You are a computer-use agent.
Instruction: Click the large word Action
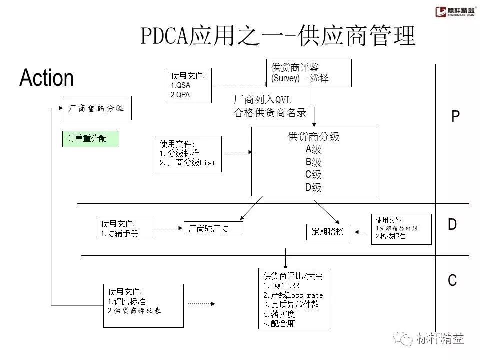click(x=46, y=78)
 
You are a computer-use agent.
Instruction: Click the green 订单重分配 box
click(x=91, y=138)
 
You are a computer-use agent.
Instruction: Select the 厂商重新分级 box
click(x=97, y=108)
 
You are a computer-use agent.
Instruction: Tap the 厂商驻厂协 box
click(x=213, y=228)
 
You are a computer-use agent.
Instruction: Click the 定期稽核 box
click(x=328, y=232)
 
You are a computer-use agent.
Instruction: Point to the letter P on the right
click(x=455, y=117)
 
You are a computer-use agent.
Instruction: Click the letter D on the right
click(x=452, y=225)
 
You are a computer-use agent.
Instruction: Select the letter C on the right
click(x=452, y=281)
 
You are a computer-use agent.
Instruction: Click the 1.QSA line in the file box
click(x=181, y=85)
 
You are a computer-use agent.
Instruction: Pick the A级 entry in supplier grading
click(x=314, y=149)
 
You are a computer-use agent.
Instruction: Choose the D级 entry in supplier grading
click(x=314, y=188)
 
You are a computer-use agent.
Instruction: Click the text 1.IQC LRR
click(x=281, y=286)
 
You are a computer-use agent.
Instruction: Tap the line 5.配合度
click(x=280, y=323)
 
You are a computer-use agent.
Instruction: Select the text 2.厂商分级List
click(x=188, y=163)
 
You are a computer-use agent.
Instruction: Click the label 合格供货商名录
click(x=270, y=113)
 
